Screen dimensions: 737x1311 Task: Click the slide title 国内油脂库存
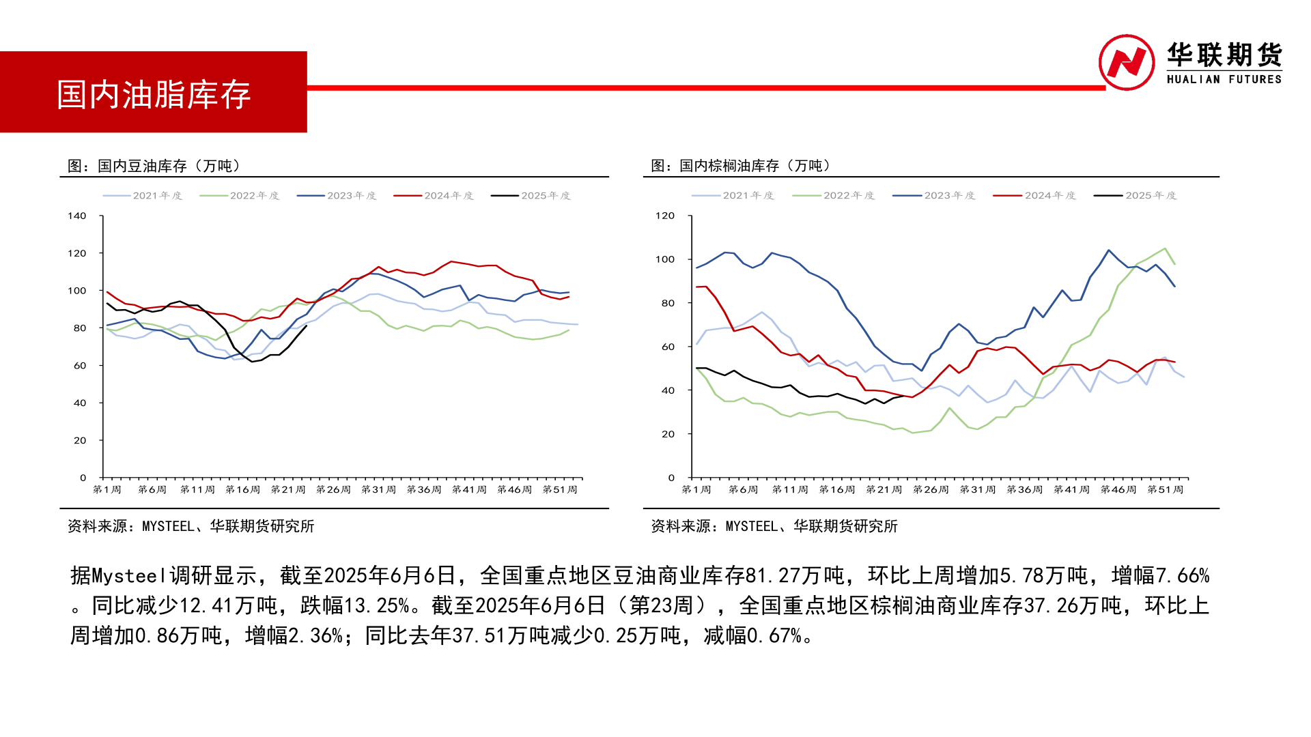tap(154, 94)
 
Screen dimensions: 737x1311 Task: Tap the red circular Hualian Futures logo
tap(1126, 62)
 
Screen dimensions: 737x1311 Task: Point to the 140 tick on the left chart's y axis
tap(77, 216)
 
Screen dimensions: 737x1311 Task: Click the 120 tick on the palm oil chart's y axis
tap(664, 216)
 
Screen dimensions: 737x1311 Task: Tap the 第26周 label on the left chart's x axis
tap(333, 490)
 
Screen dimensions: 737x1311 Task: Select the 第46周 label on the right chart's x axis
tap(1118, 490)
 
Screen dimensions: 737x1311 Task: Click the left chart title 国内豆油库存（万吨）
tap(154, 166)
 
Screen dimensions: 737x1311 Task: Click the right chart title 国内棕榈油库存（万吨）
tap(742, 166)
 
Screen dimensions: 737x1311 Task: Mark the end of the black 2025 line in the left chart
tap(306, 326)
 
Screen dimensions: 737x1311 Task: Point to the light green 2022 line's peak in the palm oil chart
tap(1164, 249)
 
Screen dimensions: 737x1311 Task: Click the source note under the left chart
tap(191, 526)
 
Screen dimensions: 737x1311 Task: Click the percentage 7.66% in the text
tap(1183, 576)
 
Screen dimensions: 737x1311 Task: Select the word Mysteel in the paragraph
tap(130, 576)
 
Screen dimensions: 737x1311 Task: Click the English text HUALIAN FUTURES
tap(1224, 80)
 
